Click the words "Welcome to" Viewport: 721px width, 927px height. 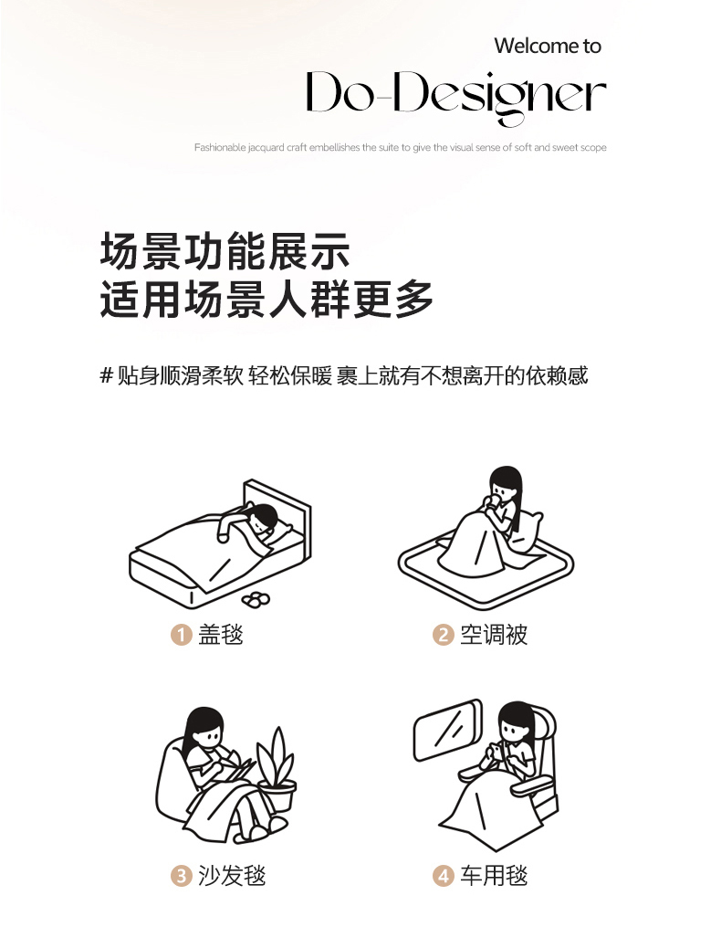tap(548, 46)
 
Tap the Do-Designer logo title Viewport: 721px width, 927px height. tap(455, 96)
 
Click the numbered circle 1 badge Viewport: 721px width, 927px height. tap(182, 635)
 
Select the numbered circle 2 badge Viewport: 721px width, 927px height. tap(443, 635)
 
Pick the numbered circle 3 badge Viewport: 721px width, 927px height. tap(182, 876)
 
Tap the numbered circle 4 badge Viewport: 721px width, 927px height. tap(443, 876)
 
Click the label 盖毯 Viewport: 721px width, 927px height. tap(221, 635)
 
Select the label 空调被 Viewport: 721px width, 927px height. tap(494, 635)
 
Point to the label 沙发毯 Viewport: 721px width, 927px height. tap(232, 876)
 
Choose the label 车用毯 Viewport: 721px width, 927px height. tap(494, 876)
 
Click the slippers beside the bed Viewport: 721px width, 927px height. tap(256, 599)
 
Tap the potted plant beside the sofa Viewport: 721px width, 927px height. tap(277, 769)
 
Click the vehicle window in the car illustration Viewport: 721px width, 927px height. tap(447, 730)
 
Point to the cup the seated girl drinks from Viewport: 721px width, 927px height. tap(491, 503)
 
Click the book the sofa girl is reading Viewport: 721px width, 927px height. tap(239, 767)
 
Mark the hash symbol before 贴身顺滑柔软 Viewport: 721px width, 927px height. tap(107, 375)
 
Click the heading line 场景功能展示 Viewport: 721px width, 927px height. tap(225, 250)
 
